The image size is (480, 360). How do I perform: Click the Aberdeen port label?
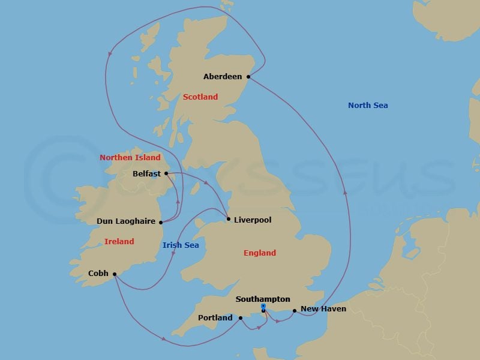point(223,77)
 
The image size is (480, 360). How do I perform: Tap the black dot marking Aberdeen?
point(248,77)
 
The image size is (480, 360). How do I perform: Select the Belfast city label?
point(147,174)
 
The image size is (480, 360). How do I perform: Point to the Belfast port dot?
point(166,173)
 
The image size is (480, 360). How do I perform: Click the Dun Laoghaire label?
point(126,221)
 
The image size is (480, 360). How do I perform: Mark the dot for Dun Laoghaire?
point(161,222)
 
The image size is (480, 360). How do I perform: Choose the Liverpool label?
point(253,220)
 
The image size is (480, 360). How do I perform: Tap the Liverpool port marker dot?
point(229,219)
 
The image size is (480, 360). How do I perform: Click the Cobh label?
point(98,274)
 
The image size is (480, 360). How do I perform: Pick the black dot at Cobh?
point(114,274)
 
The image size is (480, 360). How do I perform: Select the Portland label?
point(215,318)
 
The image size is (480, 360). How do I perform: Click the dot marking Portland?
point(240,318)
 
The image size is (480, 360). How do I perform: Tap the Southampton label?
point(263,299)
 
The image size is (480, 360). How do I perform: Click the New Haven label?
point(323,310)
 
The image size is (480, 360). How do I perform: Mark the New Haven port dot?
point(295,311)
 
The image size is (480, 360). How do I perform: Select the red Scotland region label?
point(200,97)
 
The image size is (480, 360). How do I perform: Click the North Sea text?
point(368,106)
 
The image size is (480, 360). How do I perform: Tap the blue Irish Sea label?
point(181,245)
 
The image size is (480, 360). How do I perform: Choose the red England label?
point(260,253)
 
